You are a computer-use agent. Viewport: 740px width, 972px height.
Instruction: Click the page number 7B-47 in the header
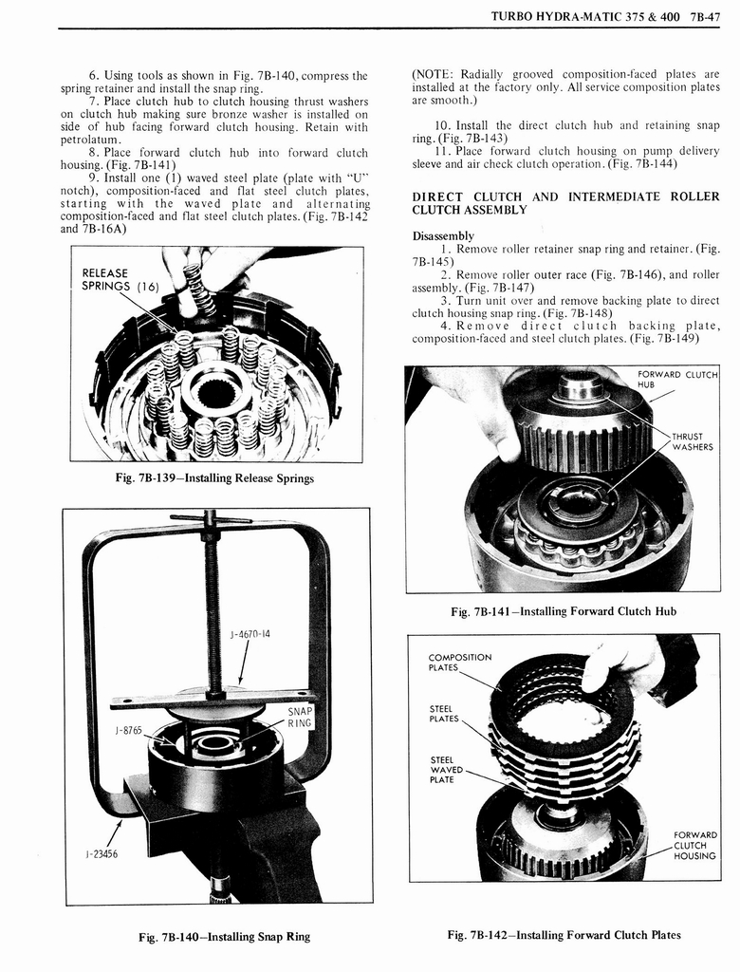(x=702, y=16)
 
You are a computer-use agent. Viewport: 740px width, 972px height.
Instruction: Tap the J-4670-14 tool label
(x=250, y=632)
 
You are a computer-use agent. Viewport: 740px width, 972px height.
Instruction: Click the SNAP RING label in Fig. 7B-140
(x=301, y=717)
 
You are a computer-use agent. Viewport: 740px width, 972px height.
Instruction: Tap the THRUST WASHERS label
(x=693, y=441)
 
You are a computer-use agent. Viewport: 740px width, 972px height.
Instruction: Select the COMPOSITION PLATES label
(x=460, y=662)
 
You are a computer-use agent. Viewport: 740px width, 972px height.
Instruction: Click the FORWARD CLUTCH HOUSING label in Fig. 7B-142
(x=694, y=845)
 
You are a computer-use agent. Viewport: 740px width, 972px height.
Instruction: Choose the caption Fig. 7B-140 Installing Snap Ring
(x=224, y=936)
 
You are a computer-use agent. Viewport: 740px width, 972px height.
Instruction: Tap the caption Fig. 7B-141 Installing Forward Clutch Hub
(x=564, y=611)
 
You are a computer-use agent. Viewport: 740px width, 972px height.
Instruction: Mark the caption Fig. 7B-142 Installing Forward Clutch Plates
(x=564, y=935)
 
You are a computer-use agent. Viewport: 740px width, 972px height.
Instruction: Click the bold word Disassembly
(x=443, y=235)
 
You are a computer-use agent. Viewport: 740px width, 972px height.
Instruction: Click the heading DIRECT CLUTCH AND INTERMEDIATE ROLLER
(x=565, y=196)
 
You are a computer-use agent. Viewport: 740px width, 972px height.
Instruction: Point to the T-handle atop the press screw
(x=211, y=518)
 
